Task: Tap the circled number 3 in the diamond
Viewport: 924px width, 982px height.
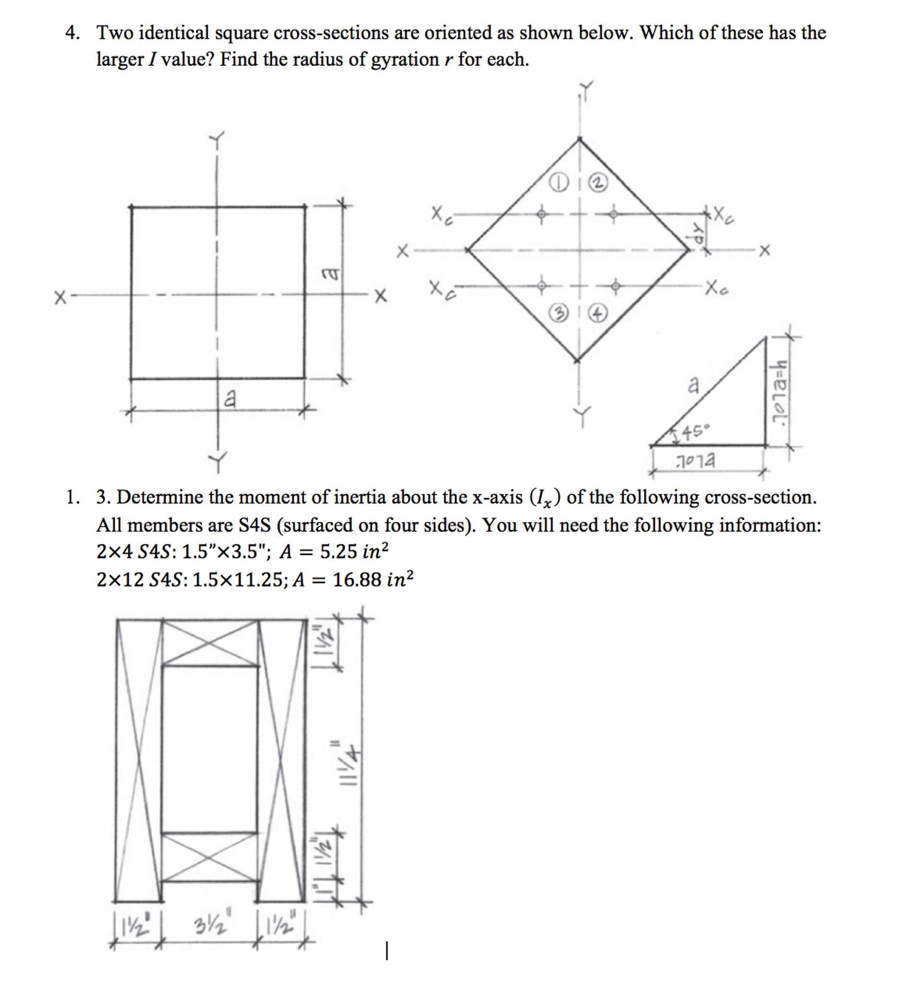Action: pyautogui.click(x=558, y=313)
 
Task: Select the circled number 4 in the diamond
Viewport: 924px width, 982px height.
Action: pyautogui.click(x=598, y=313)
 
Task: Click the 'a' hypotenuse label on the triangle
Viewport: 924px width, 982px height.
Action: pyautogui.click(x=694, y=384)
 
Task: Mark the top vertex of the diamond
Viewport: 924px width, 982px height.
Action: pyautogui.click(x=580, y=140)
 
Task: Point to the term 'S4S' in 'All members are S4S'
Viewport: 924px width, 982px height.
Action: pyautogui.click(x=254, y=525)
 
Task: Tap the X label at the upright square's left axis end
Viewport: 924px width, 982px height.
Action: pyautogui.click(x=60, y=298)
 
